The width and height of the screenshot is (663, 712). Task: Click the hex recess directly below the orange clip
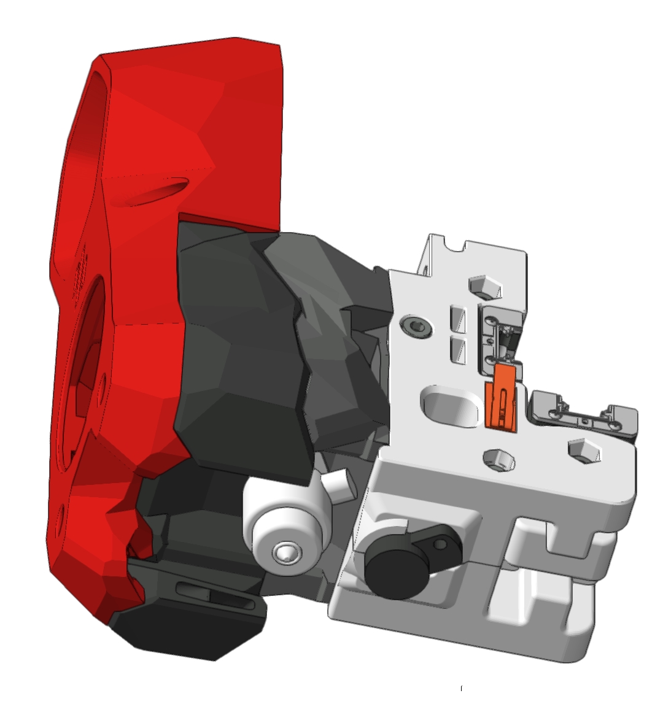(498, 457)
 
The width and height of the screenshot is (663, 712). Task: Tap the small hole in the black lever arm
(440, 543)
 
